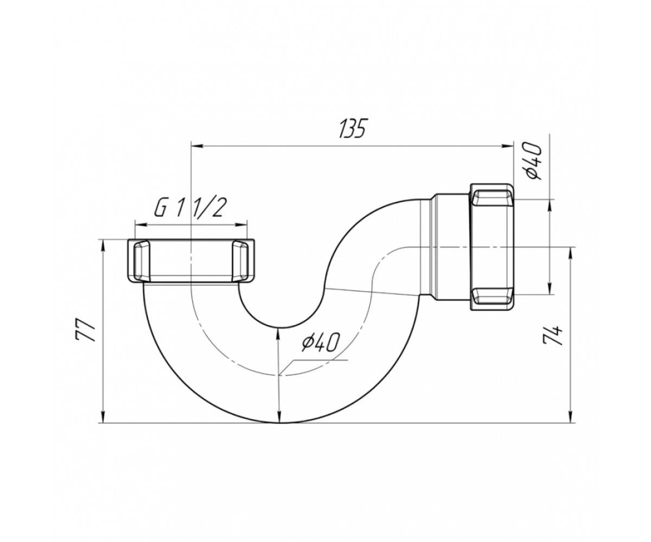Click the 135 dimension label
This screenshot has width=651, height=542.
[352, 128]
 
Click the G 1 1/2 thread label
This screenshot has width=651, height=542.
[189, 207]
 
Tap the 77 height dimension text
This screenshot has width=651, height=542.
[85, 330]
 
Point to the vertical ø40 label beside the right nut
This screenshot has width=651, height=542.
[533, 161]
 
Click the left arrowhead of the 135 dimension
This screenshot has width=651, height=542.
[196, 145]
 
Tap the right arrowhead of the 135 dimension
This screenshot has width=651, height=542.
[508, 145]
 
